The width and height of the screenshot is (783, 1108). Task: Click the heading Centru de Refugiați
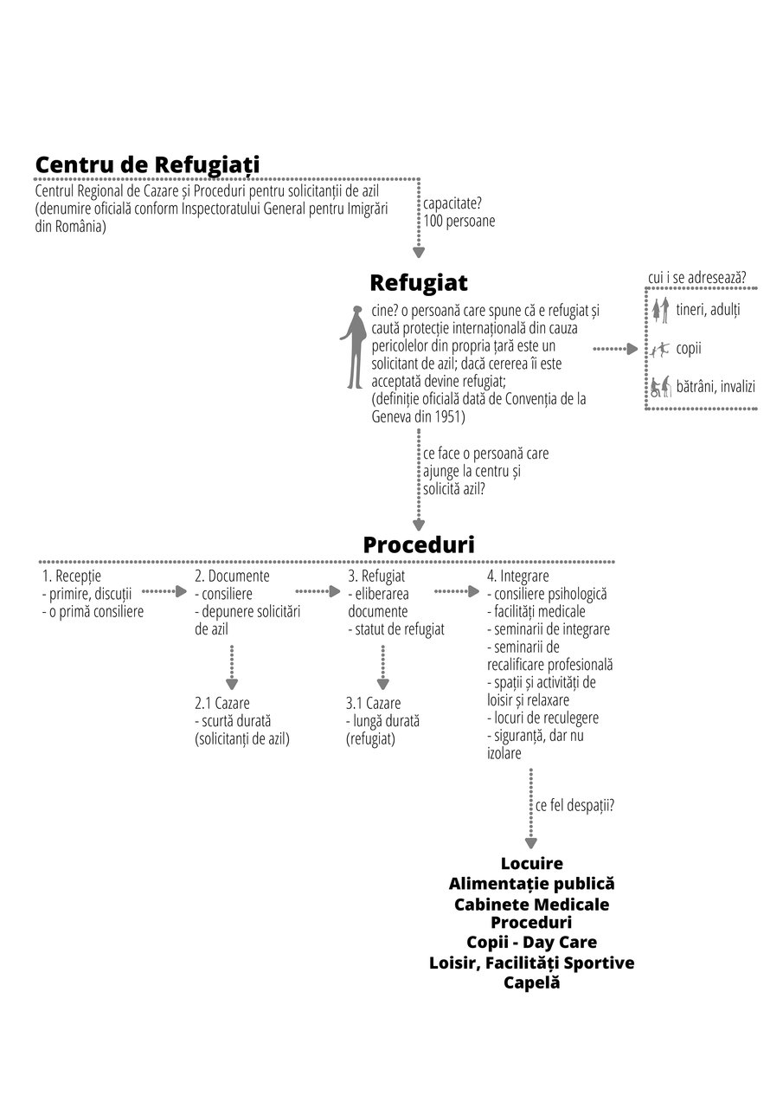point(147,164)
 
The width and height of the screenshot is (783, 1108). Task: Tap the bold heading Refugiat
point(419,283)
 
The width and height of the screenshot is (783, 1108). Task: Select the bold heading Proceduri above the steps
point(419,544)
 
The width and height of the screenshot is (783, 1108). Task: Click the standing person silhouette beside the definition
point(354,347)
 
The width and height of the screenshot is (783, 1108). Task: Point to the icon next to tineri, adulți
point(660,310)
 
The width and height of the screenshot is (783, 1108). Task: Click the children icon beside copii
point(660,350)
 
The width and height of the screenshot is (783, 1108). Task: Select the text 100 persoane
point(459,221)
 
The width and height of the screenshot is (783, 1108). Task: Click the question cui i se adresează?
point(697,278)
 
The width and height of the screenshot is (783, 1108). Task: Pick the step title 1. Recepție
point(72,577)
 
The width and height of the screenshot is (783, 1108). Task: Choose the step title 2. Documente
point(233,577)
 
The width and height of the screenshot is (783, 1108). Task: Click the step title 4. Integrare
point(518,577)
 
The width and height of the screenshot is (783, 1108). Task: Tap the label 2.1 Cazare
point(222,703)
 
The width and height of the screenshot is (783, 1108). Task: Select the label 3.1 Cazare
point(373,703)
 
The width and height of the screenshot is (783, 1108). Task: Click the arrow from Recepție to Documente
point(164,591)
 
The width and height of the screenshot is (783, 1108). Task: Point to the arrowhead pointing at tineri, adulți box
point(632,349)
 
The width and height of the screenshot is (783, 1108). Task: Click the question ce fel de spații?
point(574,806)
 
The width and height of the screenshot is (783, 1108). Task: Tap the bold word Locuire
point(532,863)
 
